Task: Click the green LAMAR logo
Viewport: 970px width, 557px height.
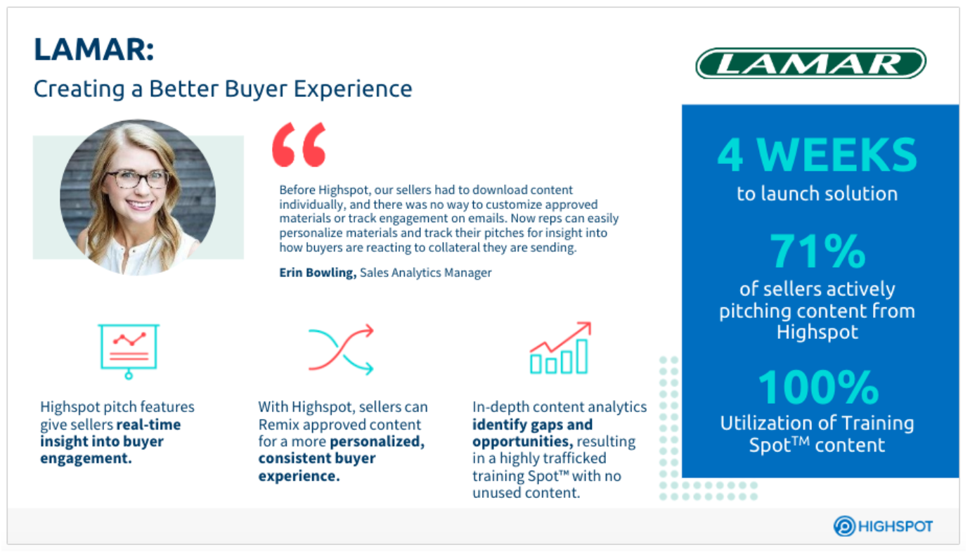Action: pyautogui.click(x=810, y=63)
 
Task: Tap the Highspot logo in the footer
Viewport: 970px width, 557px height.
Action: pyautogui.click(x=884, y=526)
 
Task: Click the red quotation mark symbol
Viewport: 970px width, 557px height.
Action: pyautogui.click(x=299, y=144)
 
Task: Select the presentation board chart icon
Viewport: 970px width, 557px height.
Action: pyautogui.click(x=129, y=351)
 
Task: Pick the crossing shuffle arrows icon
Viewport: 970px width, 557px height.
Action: pyautogui.click(x=341, y=349)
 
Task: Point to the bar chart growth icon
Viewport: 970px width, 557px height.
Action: pyautogui.click(x=560, y=348)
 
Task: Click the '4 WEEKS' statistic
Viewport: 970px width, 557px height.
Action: pyautogui.click(x=817, y=155)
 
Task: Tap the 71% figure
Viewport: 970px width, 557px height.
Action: pyautogui.click(x=817, y=251)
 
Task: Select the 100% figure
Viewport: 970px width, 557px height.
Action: pyautogui.click(x=818, y=387)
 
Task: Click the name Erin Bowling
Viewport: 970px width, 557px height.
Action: pyautogui.click(x=318, y=272)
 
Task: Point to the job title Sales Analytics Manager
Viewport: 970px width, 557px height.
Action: pyautogui.click(x=426, y=273)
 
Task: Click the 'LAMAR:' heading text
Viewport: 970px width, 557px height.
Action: pyautogui.click(x=94, y=49)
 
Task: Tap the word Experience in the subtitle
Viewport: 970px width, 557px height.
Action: pyautogui.click(x=353, y=89)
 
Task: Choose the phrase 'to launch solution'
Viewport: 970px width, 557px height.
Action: pyautogui.click(x=817, y=193)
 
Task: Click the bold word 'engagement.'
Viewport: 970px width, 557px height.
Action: pyautogui.click(x=86, y=459)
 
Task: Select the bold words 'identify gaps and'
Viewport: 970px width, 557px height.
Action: pyautogui.click(x=532, y=425)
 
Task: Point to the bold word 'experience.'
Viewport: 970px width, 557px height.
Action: pyautogui.click(x=299, y=476)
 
